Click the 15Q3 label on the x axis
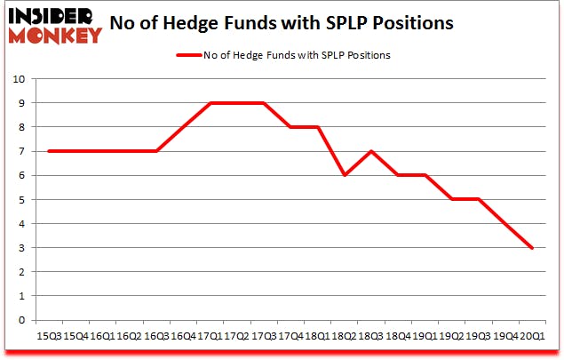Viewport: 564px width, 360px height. pos(48,337)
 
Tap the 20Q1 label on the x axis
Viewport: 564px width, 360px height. pos(531,337)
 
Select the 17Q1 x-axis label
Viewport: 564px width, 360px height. pos(210,337)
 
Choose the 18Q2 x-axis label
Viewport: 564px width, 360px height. pos(344,337)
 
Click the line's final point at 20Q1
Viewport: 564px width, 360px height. pos(531,248)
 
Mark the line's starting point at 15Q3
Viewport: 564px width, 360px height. pos(48,151)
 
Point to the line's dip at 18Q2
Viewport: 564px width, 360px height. pos(344,175)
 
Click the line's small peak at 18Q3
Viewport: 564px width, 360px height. pos(370,151)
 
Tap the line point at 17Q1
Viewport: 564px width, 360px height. pos(210,103)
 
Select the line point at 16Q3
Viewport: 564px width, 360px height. pos(155,151)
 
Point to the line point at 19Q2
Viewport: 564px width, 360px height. pos(451,199)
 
